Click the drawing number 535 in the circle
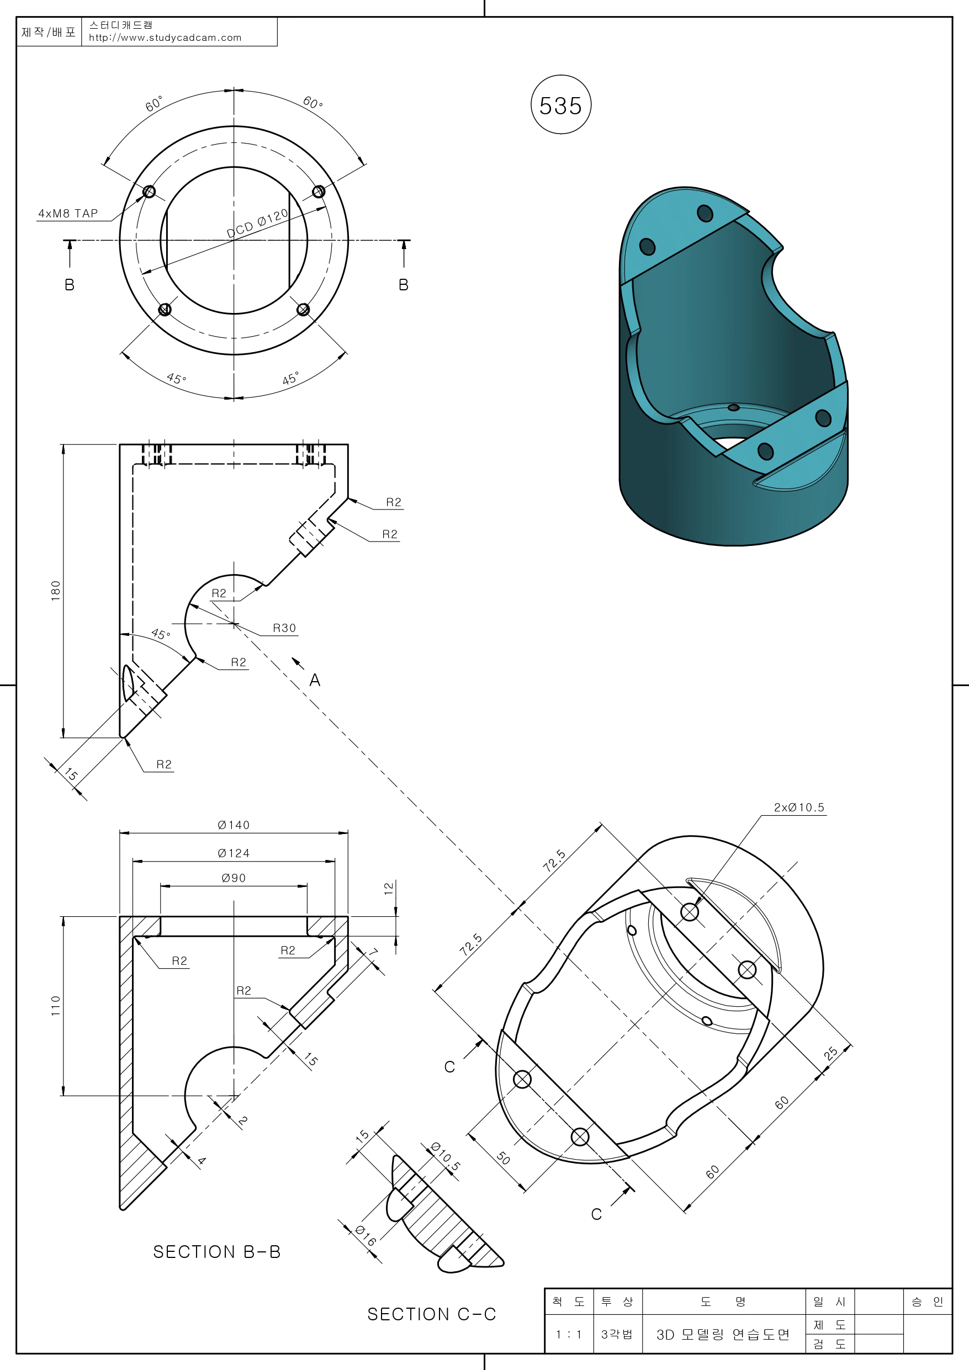pos(560,105)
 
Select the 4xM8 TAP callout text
pos(68,214)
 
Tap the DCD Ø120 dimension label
pos(257,223)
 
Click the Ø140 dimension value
pos(234,825)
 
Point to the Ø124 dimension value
pos(234,853)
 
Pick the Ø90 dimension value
pos(234,878)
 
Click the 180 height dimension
pos(56,590)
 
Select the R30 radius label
pos(284,628)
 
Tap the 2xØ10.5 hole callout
pos(799,808)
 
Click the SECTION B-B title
pos(217,1252)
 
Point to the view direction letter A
pos(315,680)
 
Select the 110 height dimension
pos(56,1006)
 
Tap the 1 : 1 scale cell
pos(568,1334)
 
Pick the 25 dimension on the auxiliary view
pos(830,1053)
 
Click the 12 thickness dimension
pos(389,888)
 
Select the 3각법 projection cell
pos(617,1334)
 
